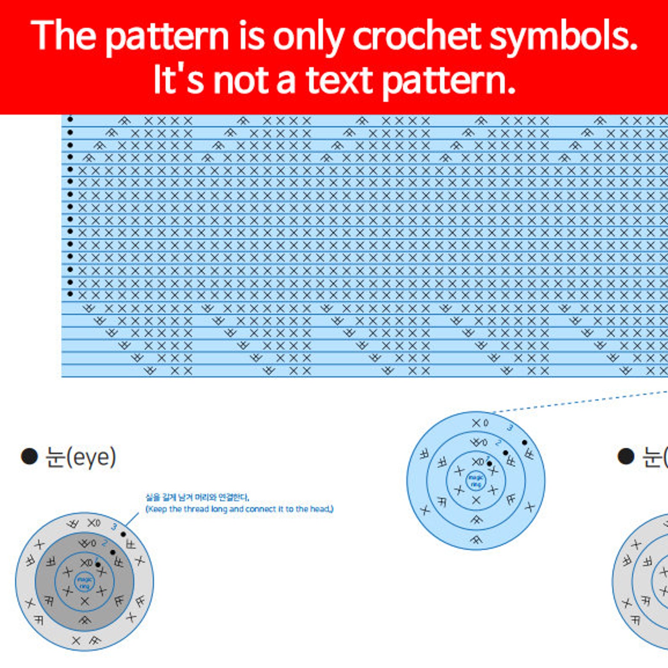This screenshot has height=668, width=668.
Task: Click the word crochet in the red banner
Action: (x=417, y=36)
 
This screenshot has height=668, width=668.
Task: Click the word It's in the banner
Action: (x=178, y=80)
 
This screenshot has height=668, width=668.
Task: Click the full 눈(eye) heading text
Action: (x=80, y=457)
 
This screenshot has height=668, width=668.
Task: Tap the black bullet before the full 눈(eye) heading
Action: (x=29, y=456)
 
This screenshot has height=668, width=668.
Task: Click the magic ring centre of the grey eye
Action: (x=84, y=582)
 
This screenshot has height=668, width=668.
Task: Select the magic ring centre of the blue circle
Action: (x=476, y=481)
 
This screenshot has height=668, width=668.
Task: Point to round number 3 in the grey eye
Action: (x=114, y=527)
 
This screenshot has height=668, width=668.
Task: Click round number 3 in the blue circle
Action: (x=510, y=428)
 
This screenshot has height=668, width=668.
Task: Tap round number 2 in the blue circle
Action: (x=498, y=443)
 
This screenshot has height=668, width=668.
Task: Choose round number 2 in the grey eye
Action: (x=104, y=543)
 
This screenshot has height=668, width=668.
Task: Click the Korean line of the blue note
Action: (x=197, y=498)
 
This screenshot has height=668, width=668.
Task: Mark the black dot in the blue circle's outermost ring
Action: (x=524, y=443)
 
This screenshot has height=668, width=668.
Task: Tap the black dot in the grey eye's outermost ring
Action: (x=123, y=534)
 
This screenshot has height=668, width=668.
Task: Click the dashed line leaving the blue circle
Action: (x=581, y=402)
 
